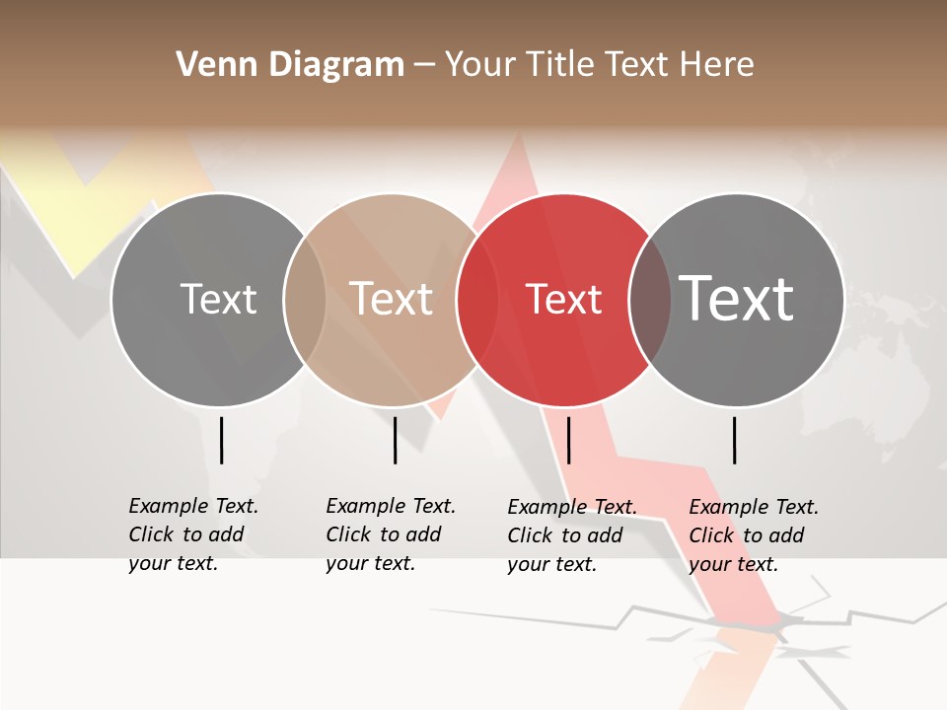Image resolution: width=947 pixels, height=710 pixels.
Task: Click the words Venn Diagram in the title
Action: tap(290, 65)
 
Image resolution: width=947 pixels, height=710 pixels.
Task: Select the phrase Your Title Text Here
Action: tap(599, 65)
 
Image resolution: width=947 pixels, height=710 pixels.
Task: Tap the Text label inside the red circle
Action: tap(564, 300)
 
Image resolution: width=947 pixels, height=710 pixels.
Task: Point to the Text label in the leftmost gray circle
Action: tap(218, 300)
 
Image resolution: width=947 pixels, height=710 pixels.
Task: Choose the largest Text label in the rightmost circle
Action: tap(737, 299)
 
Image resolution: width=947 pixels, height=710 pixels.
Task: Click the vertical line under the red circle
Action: tap(569, 440)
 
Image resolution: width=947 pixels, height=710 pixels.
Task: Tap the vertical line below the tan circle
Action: tap(395, 440)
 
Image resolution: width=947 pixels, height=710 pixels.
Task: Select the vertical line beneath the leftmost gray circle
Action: tap(221, 440)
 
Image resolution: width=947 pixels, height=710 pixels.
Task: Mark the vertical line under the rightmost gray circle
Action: tap(735, 440)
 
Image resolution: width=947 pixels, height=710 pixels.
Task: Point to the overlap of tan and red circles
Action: tap(477, 300)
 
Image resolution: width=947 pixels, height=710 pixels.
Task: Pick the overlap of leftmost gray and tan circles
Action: tap(305, 300)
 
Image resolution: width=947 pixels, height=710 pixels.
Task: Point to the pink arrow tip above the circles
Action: tap(516, 158)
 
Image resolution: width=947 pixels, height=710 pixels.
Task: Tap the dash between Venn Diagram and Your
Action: tap(424, 66)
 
